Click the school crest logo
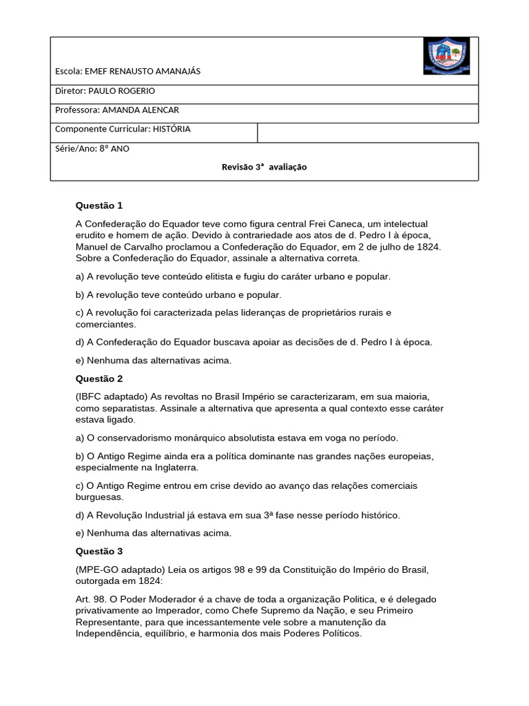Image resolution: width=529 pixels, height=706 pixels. click(x=446, y=57)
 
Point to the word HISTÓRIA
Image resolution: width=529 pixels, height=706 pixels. click(x=172, y=129)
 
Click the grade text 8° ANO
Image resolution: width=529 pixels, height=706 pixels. click(x=114, y=148)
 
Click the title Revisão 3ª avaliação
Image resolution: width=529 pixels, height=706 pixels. click(x=264, y=167)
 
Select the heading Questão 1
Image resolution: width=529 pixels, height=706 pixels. click(x=98, y=205)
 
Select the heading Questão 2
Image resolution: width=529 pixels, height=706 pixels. click(x=98, y=379)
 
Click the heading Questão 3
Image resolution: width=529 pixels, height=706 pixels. click(x=98, y=551)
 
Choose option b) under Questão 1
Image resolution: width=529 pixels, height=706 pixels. click(x=178, y=294)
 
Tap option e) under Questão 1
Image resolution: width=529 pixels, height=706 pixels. click(x=154, y=360)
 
